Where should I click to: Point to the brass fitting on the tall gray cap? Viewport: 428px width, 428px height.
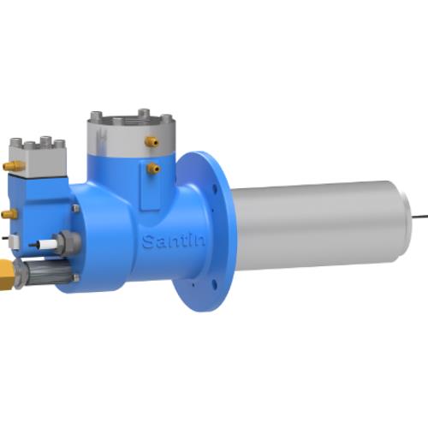coord(151,140)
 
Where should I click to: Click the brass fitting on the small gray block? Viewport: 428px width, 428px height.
coord(13,164)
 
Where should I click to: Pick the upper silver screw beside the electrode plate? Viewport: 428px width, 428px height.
coord(76,207)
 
